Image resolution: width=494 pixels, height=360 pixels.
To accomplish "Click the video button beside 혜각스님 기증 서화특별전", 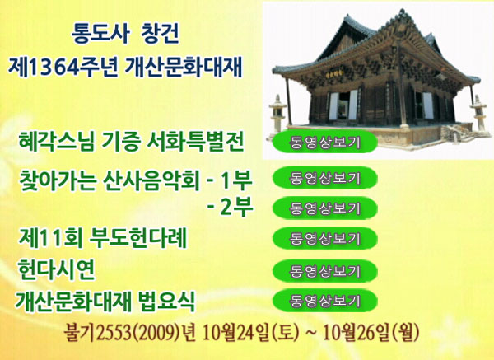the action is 325,143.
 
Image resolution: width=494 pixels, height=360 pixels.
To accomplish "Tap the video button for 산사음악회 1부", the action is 325,178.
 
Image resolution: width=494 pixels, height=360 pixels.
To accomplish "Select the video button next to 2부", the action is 325,208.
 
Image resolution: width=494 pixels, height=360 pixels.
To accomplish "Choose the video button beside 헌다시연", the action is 325,271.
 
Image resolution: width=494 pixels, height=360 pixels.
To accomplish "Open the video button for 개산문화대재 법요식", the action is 325,301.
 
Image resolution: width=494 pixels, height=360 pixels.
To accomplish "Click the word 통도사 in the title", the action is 100,34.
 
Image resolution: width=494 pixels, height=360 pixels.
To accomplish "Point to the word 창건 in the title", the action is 161,34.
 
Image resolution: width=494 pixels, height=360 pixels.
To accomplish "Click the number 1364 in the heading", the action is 53,68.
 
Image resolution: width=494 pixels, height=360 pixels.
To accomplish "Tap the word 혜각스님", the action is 57,142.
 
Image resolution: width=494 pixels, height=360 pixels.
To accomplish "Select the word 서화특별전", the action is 195,142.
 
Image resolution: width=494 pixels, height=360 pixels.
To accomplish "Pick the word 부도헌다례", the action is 138,238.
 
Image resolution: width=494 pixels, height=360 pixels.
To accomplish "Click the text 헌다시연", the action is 56,269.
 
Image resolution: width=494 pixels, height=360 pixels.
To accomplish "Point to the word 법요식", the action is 166,301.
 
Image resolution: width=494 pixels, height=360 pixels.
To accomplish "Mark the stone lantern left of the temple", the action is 277,115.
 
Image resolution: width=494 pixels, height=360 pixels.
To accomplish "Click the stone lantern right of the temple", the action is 479,115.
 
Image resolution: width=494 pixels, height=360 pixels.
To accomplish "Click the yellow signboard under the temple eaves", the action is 334,73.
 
